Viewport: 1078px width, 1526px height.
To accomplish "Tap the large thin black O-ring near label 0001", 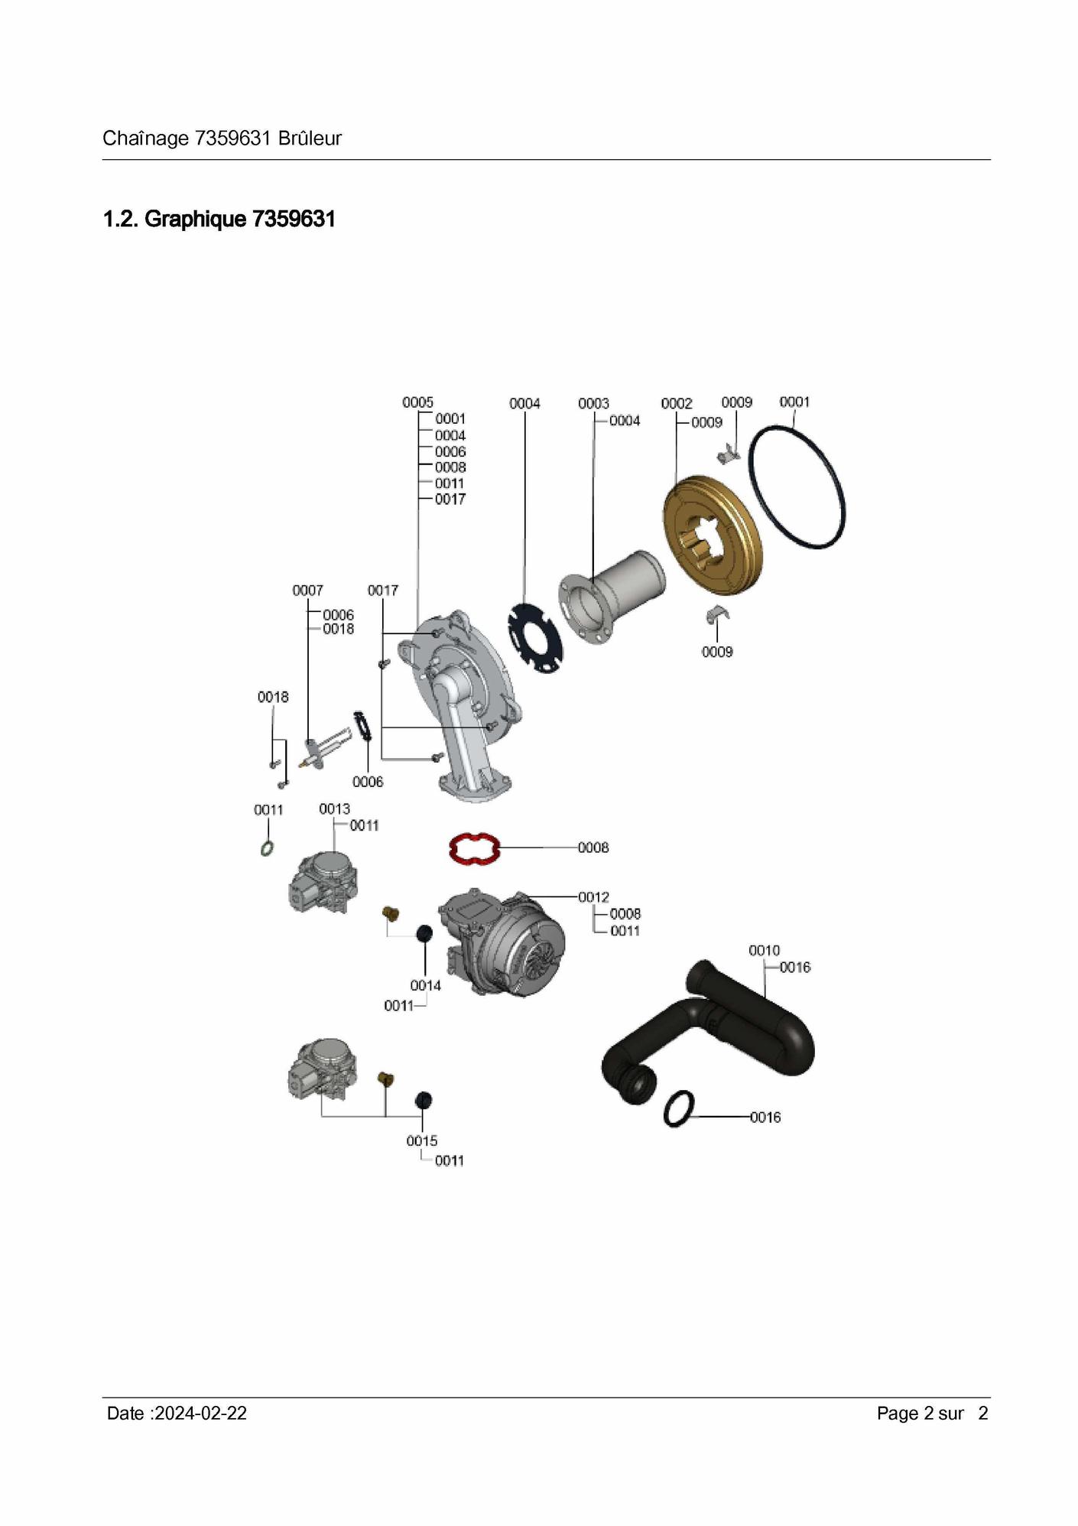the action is tap(797, 486).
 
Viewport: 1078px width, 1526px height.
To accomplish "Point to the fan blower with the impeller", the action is tap(502, 942).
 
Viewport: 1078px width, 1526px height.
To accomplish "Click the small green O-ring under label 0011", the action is tap(267, 848).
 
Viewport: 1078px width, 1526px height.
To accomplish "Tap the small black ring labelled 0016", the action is tap(679, 1108).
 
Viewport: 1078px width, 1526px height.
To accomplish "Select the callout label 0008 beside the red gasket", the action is tap(593, 848).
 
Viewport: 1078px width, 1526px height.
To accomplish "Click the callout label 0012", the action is tap(593, 896).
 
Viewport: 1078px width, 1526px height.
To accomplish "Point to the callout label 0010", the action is tap(765, 950).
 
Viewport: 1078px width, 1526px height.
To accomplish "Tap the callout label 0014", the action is tap(426, 985).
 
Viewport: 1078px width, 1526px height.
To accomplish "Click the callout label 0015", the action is tap(422, 1140).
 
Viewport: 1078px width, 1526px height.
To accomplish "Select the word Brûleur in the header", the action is tap(310, 138).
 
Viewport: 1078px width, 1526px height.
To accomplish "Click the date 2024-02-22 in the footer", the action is tap(200, 1413).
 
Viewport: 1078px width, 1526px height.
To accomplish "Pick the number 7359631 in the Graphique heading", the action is tap(294, 220).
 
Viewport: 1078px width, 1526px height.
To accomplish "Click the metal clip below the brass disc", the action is tap(717, 613).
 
